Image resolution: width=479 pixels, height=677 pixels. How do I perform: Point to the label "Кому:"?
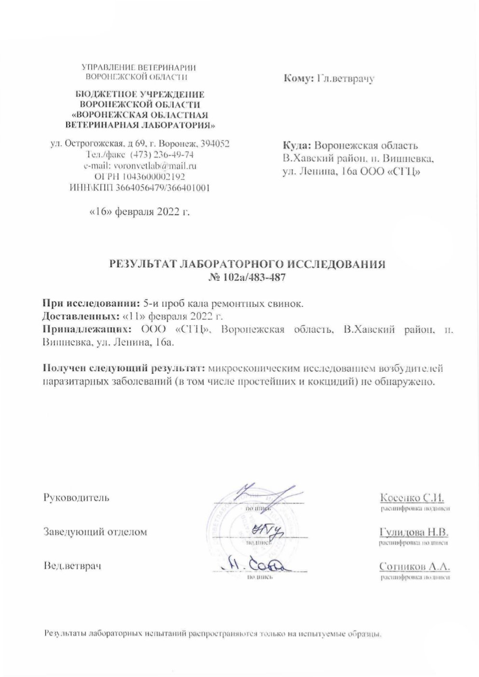pyautogui.click(x=300, y=78)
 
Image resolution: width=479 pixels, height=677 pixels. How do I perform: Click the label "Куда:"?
pyautogui.click(x=297, y=145)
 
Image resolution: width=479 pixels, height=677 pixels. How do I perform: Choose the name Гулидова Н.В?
pyautogui.click(x=414, y=532)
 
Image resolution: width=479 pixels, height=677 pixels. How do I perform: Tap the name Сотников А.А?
pyautogui.click(x=414, y=566)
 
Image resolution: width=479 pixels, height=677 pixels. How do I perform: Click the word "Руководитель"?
pyautogui.click(x=76, y=497)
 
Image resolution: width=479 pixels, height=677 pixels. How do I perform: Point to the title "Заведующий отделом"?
pyautogui.click(x=95, y=532)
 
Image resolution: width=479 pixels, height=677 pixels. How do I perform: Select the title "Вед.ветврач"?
pyautogui.click(x=72, y=566)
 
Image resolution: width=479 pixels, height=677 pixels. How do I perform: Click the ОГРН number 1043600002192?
pyautogui.click(x=150, y=177)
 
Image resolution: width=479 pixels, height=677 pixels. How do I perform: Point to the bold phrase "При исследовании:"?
pyautogui.click(x=92, y=304)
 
